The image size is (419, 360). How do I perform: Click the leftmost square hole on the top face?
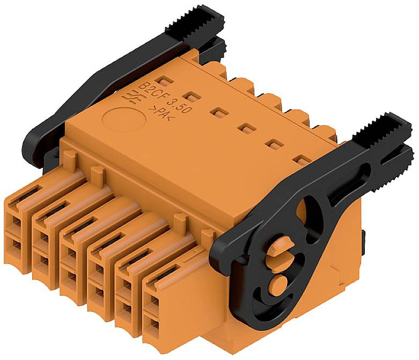[x=166, y=80]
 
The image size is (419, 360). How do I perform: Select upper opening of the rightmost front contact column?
[x=152, y=302]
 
